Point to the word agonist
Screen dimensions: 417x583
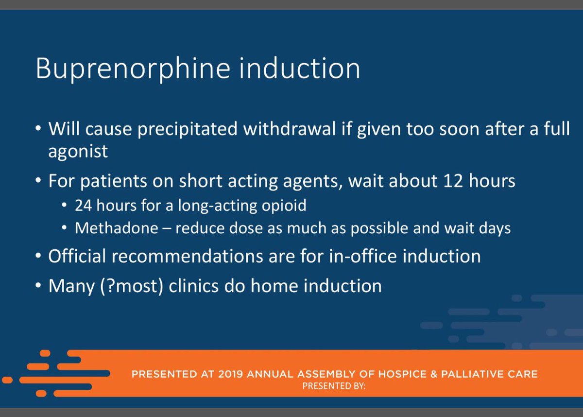pyautogui.click(x=78, y=152)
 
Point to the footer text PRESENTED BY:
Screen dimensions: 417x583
pyautogui.click(x=334, y=387)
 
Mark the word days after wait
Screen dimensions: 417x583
pyautogui.click(x=494, y=228)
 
